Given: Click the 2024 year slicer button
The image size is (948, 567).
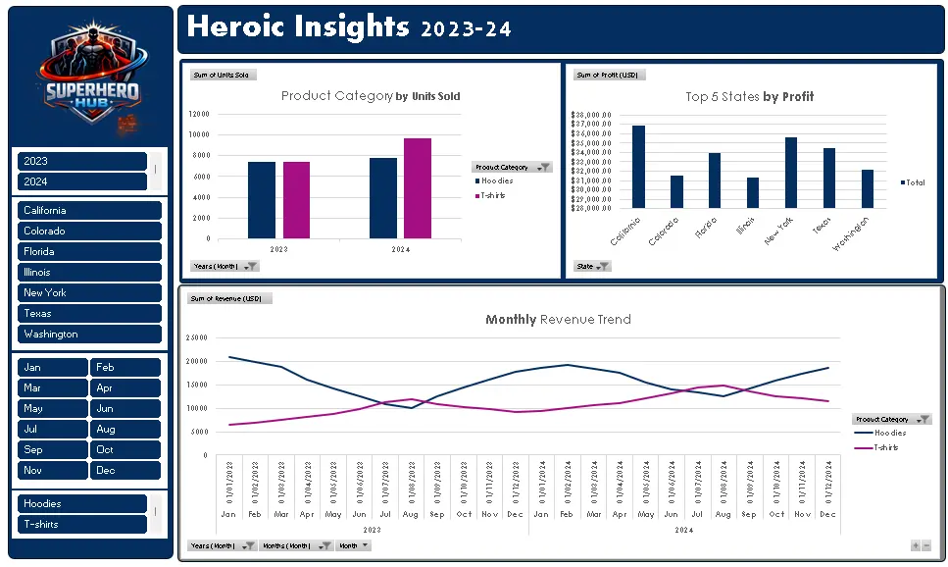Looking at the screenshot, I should point(81,181).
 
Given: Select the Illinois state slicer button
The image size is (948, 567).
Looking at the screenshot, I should point(88,272).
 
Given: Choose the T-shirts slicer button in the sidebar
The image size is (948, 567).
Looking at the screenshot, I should point(81,524).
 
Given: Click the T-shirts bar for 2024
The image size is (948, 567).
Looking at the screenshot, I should point(417,188).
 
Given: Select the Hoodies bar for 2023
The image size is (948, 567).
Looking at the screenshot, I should point(262,200).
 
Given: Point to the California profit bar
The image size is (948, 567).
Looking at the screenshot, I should point(638,166).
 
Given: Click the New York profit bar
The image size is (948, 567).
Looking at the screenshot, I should point(791,172).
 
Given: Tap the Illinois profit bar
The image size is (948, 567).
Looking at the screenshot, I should point(753,192).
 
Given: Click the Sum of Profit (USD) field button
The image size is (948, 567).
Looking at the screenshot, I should point(608,75).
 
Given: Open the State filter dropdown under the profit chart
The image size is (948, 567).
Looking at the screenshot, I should point(592,266).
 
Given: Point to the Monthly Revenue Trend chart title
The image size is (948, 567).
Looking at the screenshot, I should point(558,319).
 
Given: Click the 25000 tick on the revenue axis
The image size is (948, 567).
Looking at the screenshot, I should point(197,337).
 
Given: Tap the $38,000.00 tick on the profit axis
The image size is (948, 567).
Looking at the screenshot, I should point(590,115).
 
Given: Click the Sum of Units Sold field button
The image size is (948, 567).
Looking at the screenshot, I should point(223,75).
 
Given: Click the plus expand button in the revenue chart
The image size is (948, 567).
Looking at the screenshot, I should point(916,545).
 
